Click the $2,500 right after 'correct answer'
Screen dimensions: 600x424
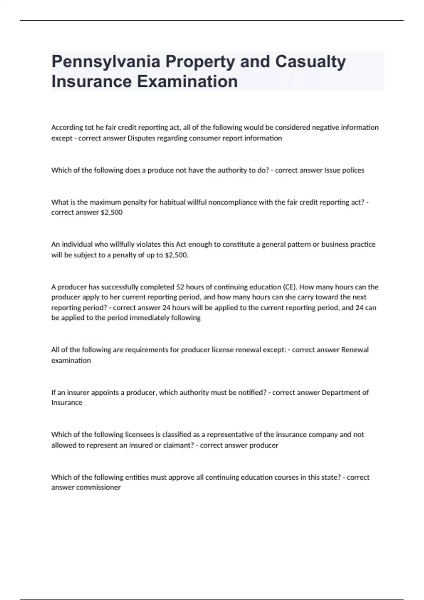(111, 212)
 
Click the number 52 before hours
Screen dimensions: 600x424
(180, 287)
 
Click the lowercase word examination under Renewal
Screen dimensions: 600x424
(71, 360)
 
